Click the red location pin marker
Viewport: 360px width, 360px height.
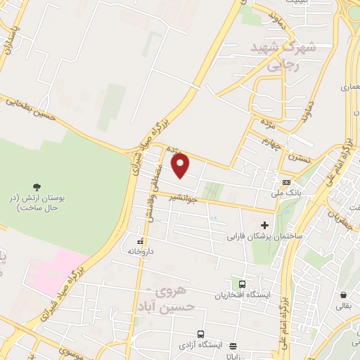tap(181, 167)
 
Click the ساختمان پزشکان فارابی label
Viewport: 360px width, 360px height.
tap(264, 236)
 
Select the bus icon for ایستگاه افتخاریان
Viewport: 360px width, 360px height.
tap(243, 284)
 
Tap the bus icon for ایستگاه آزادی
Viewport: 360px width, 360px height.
tap(201, 334)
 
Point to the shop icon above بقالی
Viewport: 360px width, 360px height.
tap(343, 295)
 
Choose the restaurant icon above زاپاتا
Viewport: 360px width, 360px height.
tap(233, 345)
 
